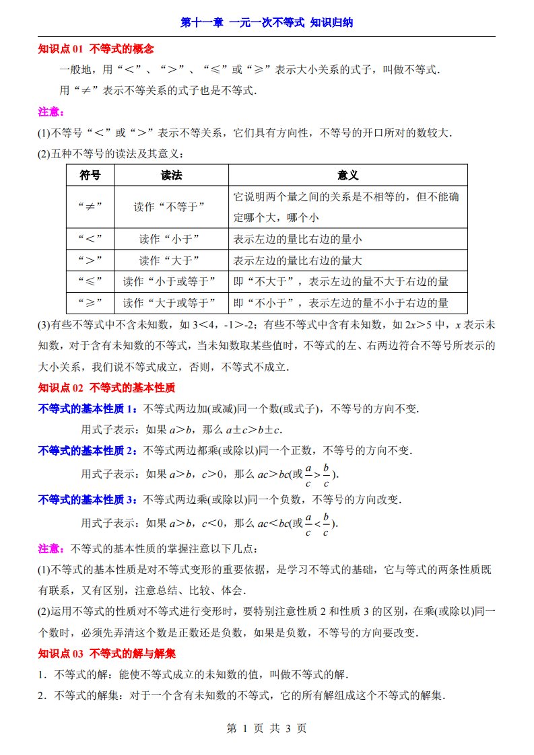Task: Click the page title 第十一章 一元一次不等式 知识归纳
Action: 267,22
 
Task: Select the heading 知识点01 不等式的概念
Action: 96,48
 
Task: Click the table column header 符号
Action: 90,176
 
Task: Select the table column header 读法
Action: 172,176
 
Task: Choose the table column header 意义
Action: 347,176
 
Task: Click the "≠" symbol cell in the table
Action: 90,207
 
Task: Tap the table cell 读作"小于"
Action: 171,239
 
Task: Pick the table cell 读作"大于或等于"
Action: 171,302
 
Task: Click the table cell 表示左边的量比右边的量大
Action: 298,260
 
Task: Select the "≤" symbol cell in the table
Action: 90,281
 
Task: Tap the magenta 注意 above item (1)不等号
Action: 50,112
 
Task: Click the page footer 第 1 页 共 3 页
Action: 267,728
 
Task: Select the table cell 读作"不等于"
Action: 171,207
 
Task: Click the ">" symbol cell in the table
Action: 90,260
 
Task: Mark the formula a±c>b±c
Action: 256,429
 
